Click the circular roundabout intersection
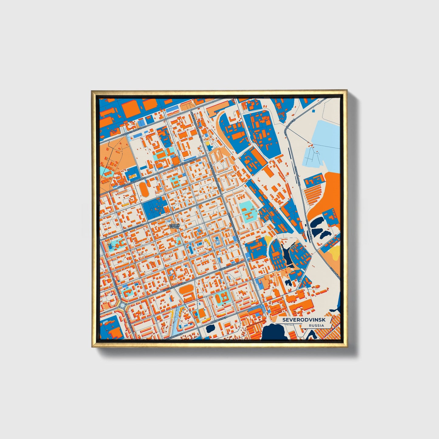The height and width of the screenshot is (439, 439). (123, 305)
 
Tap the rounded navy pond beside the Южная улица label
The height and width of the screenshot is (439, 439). (210, 328)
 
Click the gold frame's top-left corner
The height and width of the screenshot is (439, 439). (92, 91)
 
